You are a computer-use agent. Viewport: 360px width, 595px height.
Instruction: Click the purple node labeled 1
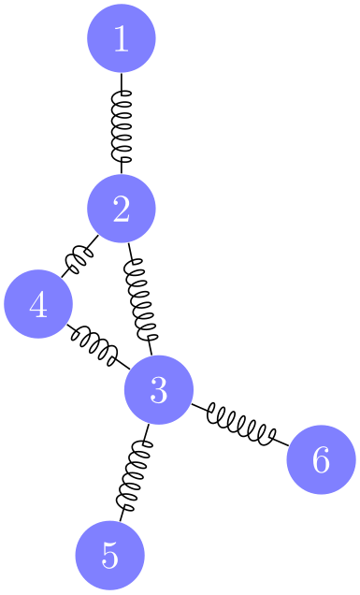[121, 38]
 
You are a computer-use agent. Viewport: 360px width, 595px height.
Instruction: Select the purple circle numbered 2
[121, 210]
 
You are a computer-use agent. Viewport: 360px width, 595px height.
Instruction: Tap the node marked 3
[158, 389]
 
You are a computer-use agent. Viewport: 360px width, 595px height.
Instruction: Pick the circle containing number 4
[38, 304]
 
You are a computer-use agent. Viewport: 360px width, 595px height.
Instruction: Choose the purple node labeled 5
[109, 555]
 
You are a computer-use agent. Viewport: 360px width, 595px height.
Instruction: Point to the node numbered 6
[321, 459]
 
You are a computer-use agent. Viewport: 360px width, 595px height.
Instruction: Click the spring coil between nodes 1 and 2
[121, 124]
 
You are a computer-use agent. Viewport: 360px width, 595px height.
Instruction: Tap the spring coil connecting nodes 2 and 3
[139, 298]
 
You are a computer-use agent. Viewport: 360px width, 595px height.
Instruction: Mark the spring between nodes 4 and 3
[97, 342]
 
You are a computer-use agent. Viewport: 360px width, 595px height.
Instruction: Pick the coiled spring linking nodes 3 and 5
[134, 472]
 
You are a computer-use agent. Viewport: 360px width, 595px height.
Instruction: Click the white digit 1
[121, 38]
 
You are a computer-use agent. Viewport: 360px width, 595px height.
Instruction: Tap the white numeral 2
[121, 210]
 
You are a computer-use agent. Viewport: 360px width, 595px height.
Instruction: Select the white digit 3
[158, 389]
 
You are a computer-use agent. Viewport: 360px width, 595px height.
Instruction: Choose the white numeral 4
[38, 304]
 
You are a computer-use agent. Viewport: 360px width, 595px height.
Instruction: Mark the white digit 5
[109, 555]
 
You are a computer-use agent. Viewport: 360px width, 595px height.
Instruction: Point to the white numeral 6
[321, 459]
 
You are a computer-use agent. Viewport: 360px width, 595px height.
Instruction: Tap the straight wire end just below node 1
[121, 82]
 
